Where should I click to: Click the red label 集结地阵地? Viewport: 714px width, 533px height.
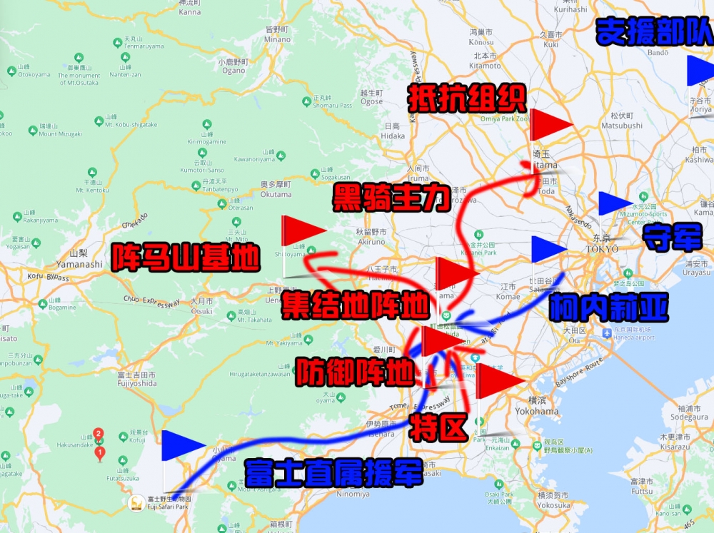click(x=356, y=305)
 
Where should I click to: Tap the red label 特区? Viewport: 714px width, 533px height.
click(x=438, y=427)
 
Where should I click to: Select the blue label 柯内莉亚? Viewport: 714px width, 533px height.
click(x=608, y=308)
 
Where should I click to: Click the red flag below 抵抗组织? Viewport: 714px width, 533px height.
click(x=550, y=124)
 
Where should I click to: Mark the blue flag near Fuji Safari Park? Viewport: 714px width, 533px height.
click(x=183, y=445)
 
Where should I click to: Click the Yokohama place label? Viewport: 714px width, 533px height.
click(x=535, y=412)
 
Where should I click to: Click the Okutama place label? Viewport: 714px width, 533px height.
click(x=276, y=194)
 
